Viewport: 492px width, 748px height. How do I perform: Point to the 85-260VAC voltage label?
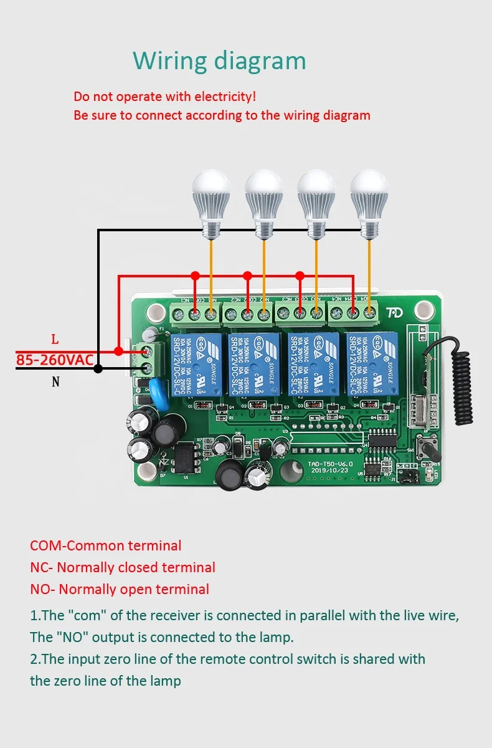[55, 360]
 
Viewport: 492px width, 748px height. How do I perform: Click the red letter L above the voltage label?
[55, 340]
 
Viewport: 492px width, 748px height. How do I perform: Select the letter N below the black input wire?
[55, 381]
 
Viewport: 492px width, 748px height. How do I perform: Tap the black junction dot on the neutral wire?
[98, 369]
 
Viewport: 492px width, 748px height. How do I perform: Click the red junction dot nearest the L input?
[118, 351]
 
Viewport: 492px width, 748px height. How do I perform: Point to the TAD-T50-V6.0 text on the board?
[330, 464]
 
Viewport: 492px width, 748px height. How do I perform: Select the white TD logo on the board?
[394, 313]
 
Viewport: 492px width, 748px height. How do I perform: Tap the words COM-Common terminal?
[106, 545]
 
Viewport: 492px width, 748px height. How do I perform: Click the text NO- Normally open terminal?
[120, 589]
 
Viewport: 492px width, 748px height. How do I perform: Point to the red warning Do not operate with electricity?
[164, 97]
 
